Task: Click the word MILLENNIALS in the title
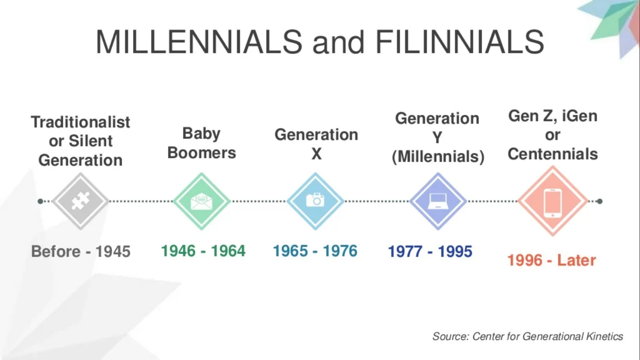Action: [199, 42]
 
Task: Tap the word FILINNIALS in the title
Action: [460, 42]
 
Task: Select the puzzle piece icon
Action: [80, 201]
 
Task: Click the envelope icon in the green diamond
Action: [201, 201]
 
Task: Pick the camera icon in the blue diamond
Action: [315, 200]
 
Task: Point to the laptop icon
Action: [438, 201]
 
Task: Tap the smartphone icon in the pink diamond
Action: [552, 203]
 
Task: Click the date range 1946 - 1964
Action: [203, 251]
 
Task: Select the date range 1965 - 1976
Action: [315, 251]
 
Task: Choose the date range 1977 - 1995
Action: [430, 251]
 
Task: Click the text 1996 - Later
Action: [551, 260]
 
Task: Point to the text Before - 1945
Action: [81, 251]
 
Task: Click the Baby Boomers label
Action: [202, 143]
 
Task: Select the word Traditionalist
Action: [80, 122]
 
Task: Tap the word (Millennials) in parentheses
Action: [438, 157]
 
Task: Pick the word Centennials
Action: [552, 154]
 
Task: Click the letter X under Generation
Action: [316, 154]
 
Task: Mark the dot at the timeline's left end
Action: [40, 201]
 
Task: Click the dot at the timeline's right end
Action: [600, 201]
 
